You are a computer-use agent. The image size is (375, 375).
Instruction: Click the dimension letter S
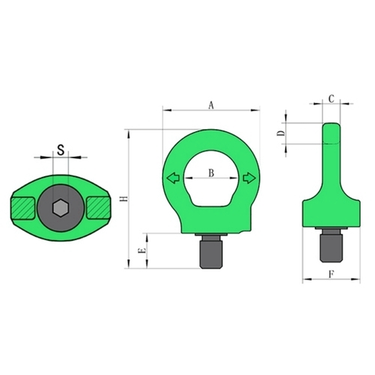point(61,150)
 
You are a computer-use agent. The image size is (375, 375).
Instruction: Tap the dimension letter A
point(211,105)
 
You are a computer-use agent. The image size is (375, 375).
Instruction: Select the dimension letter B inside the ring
point(211,172)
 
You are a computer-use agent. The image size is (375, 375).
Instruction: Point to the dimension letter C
point(331,99)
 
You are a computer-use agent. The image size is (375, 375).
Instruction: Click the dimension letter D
point(281,133)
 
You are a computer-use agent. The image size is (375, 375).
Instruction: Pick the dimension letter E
point(142,251)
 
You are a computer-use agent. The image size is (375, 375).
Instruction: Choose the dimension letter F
point(331,274)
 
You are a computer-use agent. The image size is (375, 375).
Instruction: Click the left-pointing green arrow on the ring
point(173,178)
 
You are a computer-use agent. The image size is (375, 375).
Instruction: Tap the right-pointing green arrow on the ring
point(249,178)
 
